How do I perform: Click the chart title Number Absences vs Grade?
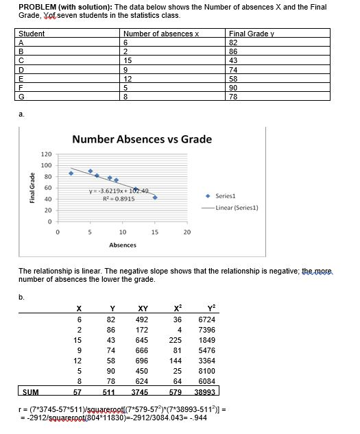click(143, 139)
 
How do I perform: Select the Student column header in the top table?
click(32, 34)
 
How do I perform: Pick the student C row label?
click(21, 60)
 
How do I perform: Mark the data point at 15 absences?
click(155, 197)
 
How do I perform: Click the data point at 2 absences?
click(71, 173)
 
